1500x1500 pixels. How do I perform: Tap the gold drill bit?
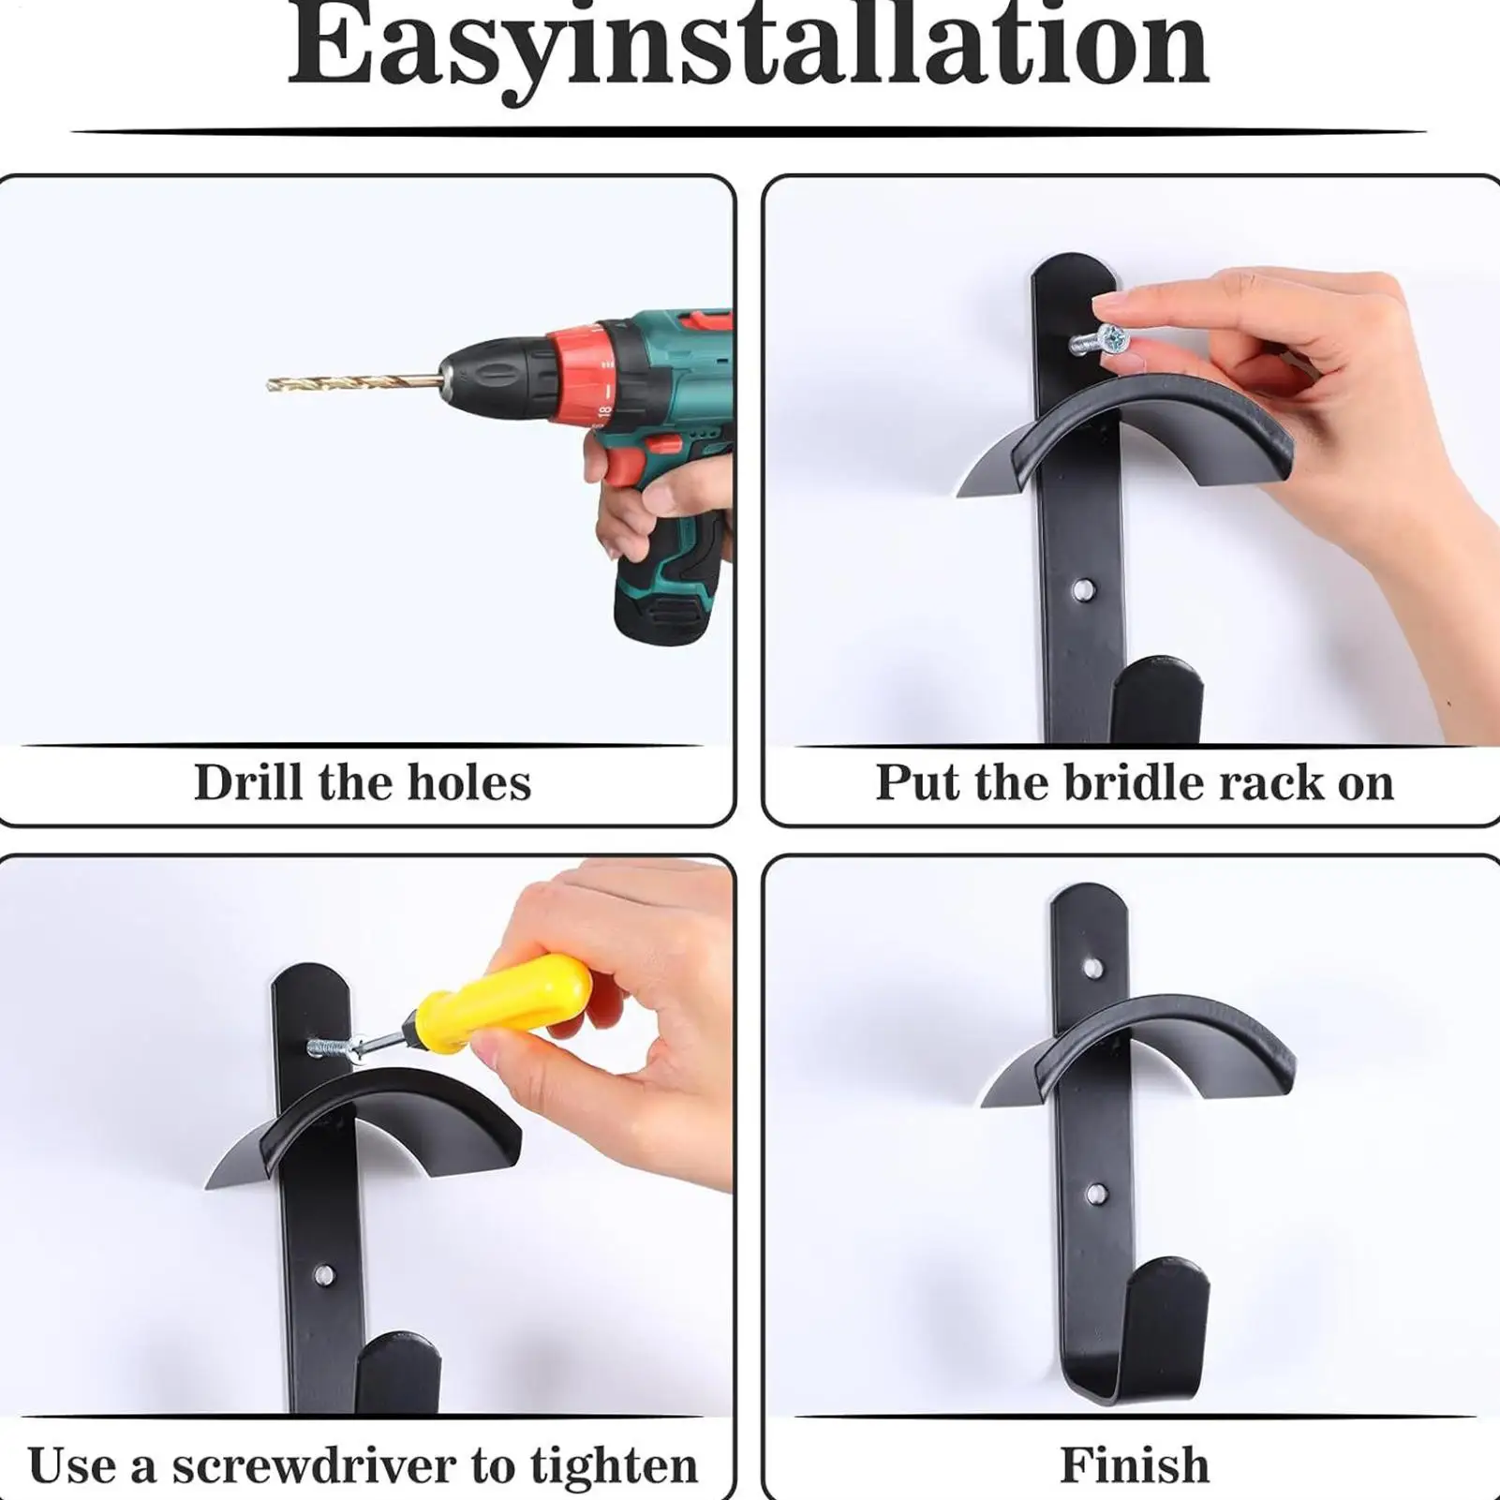[x=351, y=382]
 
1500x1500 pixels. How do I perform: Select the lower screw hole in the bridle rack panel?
[x=1083, y=590]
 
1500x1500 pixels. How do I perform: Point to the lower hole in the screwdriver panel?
[x=323, y=1274]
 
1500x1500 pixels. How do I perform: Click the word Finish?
[x=1134, y=1464]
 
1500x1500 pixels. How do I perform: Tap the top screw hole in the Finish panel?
[x=1092, y=967]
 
